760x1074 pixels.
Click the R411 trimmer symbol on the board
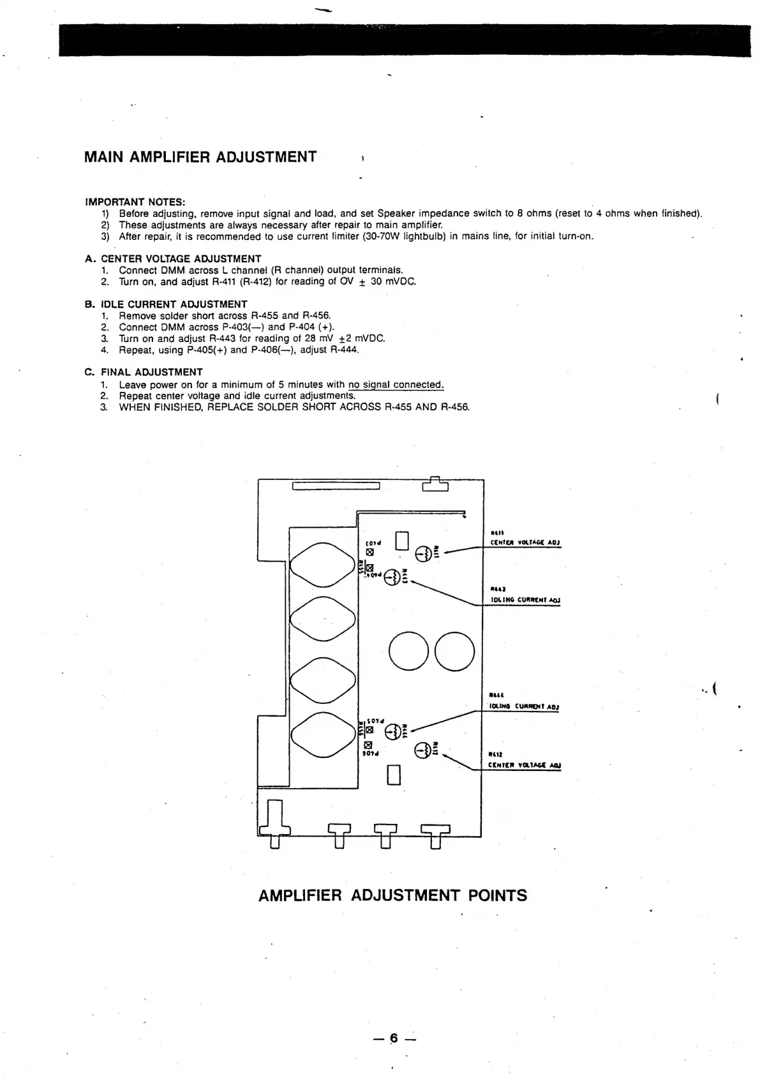[x=423, y=553]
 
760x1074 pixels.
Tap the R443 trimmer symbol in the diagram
[x=394, y=576]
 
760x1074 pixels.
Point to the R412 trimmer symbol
[x=422, y=751]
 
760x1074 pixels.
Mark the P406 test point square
[x=368, y=744]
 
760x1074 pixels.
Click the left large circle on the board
[x=409, y=652]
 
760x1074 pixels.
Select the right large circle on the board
[x=455, y=652]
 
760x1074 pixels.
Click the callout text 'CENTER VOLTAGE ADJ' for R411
[x=524, y=543]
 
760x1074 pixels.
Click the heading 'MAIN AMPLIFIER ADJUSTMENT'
[x=200, y=157]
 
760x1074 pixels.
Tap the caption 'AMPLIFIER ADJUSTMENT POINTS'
[x=392, y=895]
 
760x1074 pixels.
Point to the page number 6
[x=394, y=1038]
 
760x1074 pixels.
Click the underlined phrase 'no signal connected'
[x=395, y=385]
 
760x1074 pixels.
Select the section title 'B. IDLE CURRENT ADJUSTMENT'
[x=166, y=304]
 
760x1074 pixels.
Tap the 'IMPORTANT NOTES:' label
[x=135, y=202]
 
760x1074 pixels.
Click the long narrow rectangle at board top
[x=336, y=487]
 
